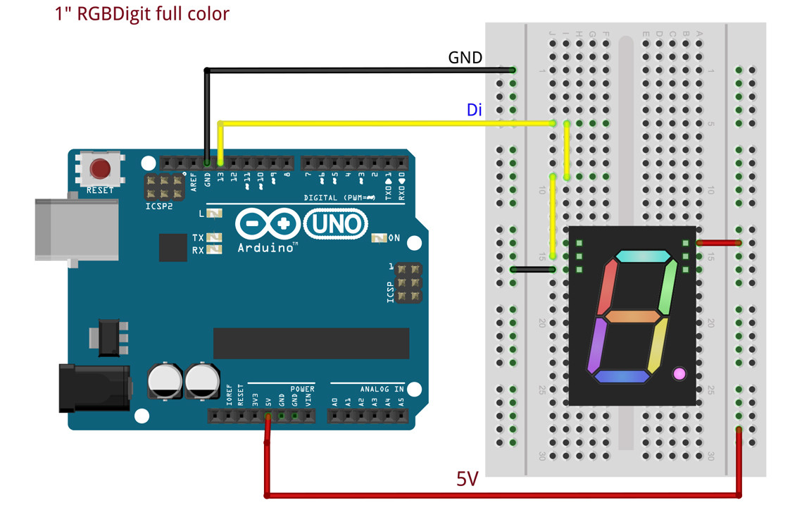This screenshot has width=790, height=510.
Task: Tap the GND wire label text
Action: pos(465,58)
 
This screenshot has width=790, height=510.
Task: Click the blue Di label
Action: pos(475,110)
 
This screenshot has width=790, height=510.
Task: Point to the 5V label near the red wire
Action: pos(468,480)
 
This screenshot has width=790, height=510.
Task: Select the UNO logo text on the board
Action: pos(336,225)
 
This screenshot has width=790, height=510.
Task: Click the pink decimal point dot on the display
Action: pos(679,373)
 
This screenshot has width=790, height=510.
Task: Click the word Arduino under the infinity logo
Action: pos(266,248)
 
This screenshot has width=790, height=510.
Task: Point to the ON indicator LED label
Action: pos(394,238)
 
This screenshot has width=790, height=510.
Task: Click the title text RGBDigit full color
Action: pos(142,13)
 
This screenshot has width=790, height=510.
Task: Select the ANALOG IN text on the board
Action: pos(382,389)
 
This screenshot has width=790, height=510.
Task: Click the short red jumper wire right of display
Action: pos(719,243)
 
